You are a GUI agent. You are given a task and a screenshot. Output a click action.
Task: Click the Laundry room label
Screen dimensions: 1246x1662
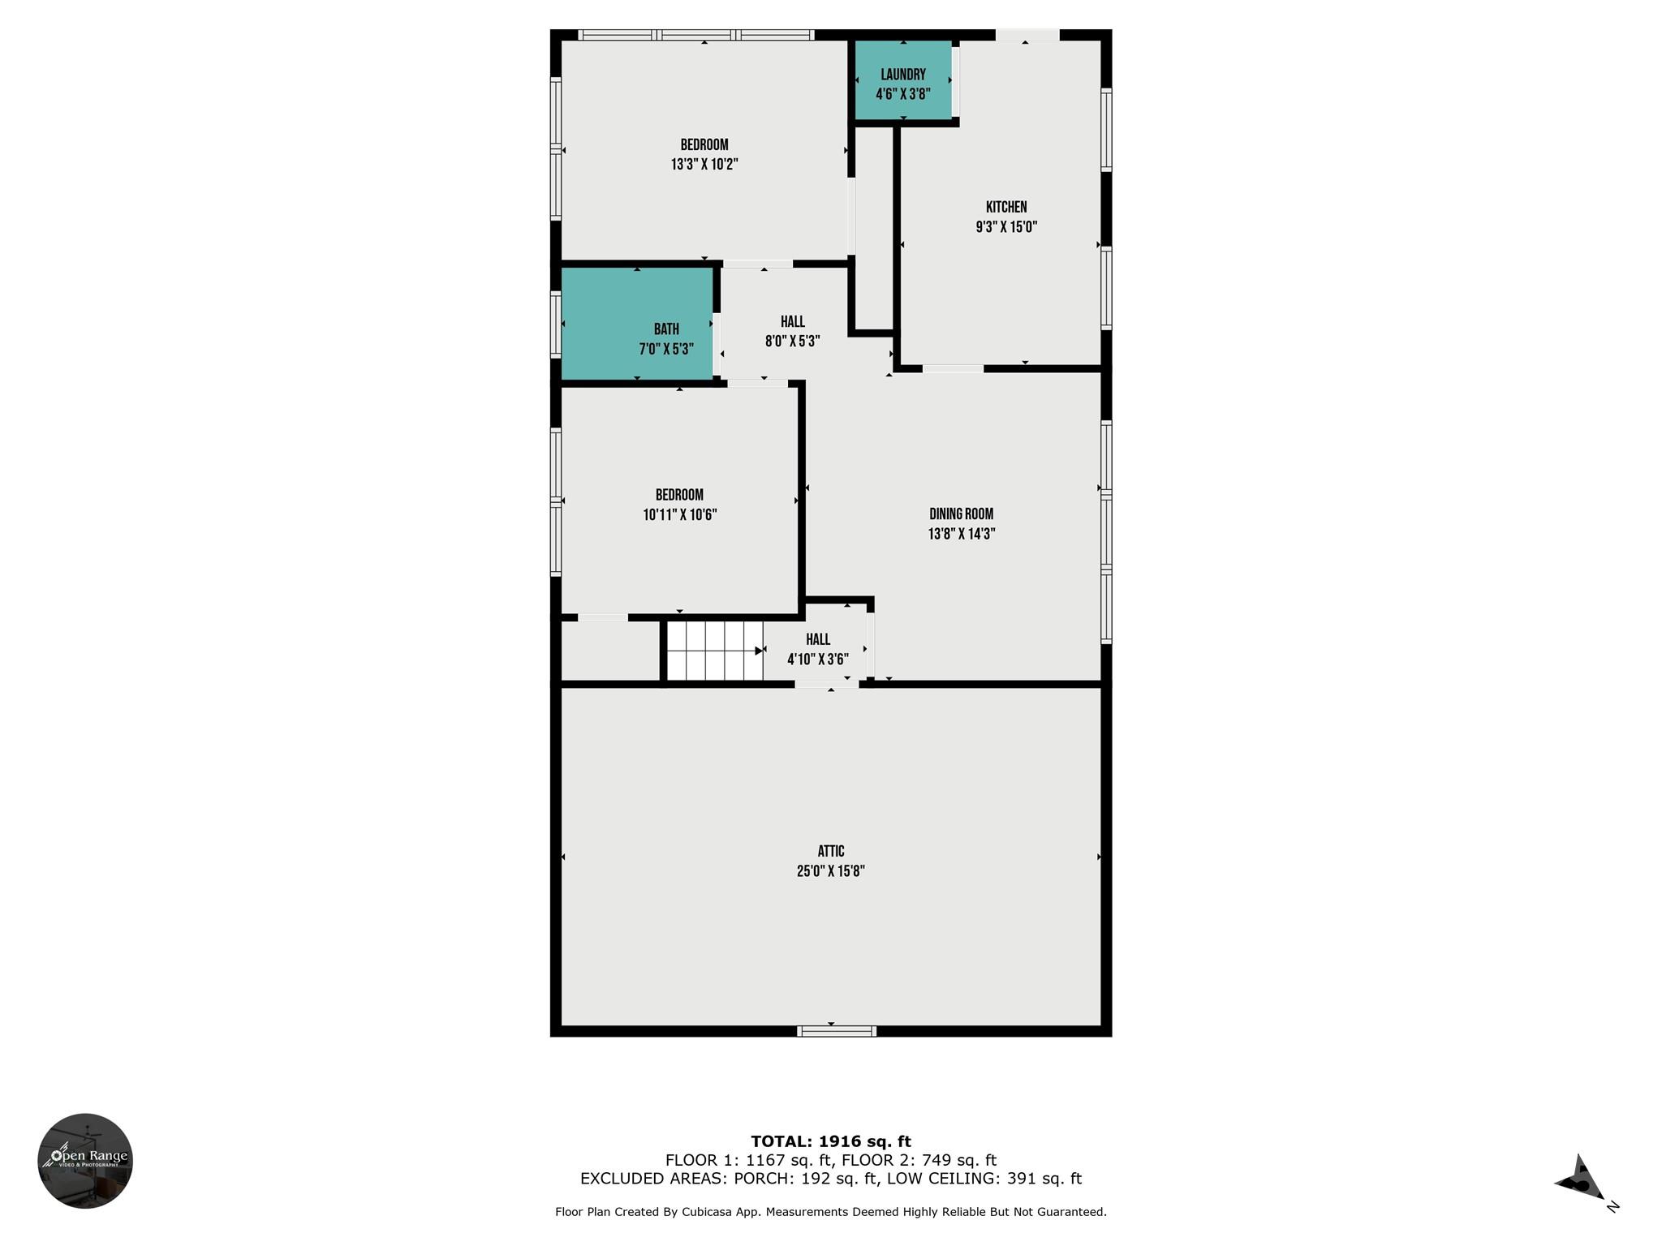[x=902, y=75]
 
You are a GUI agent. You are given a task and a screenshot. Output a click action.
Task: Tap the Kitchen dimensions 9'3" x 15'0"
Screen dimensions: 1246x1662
[x=1006, y=227]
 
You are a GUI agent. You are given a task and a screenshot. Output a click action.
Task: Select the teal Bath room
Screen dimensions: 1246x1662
[x=638, y=324]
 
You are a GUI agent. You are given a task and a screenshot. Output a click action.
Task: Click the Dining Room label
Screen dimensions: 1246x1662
[x=961, y=513]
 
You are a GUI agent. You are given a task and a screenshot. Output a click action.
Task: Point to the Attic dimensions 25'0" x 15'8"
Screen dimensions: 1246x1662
[x=830, y=871]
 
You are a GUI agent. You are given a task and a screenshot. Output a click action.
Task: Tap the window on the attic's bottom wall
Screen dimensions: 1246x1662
[x=836, y=1031]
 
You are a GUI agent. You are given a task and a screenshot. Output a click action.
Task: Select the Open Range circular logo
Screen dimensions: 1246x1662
[x=85, y=1161]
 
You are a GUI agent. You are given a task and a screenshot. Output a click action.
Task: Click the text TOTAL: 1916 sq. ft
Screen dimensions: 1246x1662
[x=830, y=1141]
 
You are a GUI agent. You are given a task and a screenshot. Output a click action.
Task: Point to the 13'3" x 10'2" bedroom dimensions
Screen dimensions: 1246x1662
[x=704, y=165]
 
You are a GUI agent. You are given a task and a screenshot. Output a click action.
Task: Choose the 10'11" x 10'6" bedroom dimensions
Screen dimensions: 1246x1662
[x=679, y=514]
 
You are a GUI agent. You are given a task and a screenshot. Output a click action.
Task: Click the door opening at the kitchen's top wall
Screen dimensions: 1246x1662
[x=1027, y=35]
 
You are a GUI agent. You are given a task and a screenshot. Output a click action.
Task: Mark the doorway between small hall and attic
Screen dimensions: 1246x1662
[x=826, y=685]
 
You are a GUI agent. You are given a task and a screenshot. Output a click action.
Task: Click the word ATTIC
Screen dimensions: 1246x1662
[x=830, y=851]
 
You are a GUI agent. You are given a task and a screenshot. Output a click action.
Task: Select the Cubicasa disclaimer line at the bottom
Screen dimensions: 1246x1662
[x=830, y=1212]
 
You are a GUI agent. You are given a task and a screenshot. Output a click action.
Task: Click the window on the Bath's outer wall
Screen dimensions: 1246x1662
[x=556, y=324]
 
